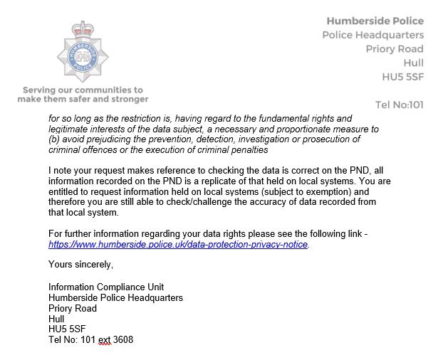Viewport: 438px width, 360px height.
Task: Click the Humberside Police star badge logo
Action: point(82,55)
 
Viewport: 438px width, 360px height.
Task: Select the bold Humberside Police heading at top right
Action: point(375,21)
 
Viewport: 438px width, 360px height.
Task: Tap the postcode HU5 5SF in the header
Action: point(403,77)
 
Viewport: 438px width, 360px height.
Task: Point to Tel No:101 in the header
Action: point(399,105)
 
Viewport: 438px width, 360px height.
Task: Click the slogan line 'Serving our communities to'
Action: point(83,90)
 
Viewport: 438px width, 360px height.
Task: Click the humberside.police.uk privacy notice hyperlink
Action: point(178,244)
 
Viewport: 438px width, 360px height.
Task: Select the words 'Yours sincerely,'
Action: point(80,265)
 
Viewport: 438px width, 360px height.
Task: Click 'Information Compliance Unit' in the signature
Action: point(103,287)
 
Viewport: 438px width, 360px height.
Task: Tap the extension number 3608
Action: point(123,340)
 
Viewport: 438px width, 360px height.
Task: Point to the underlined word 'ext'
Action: point(105,340)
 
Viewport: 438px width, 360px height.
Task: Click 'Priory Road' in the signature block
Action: point(73,308)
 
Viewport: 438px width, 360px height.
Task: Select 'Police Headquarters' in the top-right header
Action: point(373,35)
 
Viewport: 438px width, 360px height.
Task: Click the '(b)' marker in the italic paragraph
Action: point(56,139)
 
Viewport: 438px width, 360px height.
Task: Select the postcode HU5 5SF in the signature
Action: point(68,329)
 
